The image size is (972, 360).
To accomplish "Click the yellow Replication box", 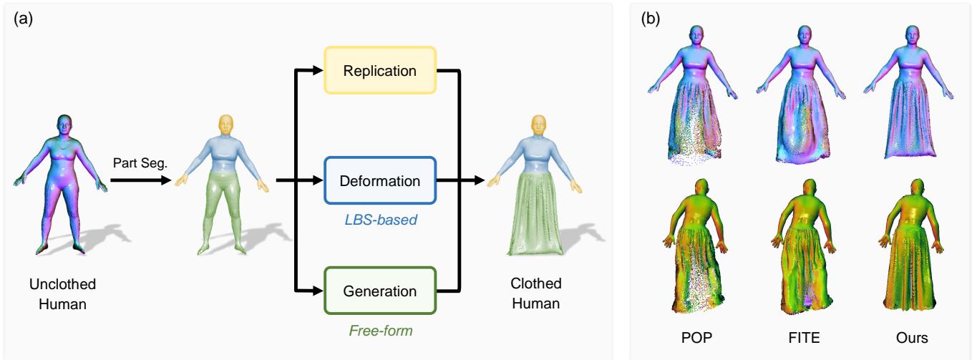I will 379,70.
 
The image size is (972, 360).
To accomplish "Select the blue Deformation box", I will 379,181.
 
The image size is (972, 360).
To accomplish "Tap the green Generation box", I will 379,291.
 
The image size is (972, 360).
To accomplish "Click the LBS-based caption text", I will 379,218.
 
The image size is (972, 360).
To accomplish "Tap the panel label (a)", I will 24,16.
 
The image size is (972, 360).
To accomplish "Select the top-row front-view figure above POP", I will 692,100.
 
